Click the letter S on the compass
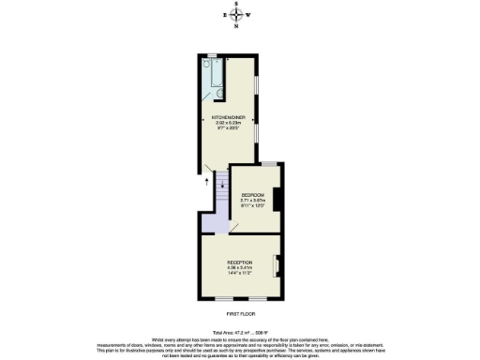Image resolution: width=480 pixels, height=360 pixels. (238, 5)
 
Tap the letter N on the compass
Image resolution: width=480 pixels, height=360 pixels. (238, 26)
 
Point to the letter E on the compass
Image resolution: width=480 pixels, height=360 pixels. (225, 15)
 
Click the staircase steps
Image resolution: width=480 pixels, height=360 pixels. (221, 192)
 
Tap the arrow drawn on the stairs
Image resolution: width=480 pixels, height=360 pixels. (221, 185)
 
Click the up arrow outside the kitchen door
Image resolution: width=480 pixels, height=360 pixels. (206, 184)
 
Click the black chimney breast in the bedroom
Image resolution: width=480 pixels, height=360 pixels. (277, 199)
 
